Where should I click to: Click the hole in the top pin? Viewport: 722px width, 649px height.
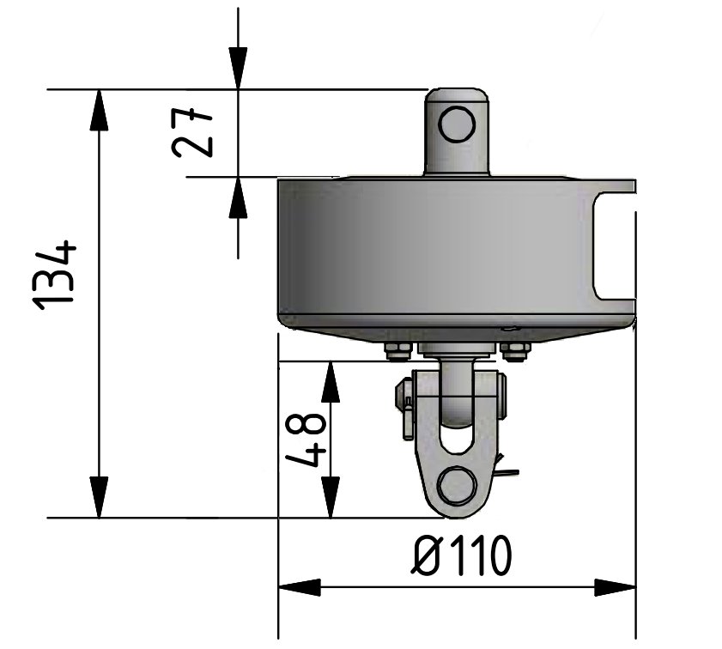coord(456,124)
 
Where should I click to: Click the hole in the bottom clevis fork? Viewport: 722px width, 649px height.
coord(455,486)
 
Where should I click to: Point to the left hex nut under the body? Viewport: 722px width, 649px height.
coord(396,349)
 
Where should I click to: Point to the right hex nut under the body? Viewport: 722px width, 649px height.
coord(515,349)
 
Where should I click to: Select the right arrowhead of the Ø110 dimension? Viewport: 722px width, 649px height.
coord(615,588)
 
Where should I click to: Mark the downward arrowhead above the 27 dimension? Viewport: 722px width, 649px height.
coord(238,69)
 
